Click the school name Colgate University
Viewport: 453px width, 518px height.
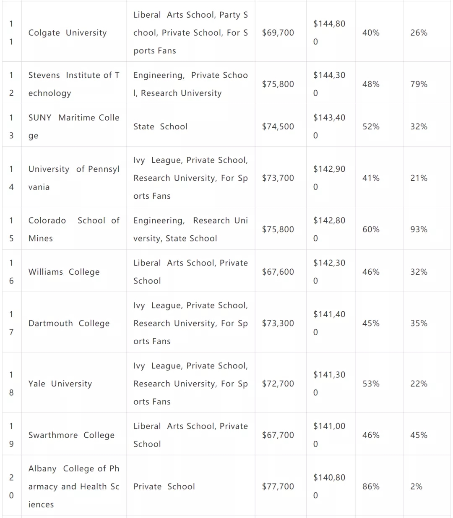[68, 33]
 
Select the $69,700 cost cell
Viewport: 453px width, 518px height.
[278, 33]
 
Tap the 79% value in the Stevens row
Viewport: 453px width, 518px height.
[419, 84]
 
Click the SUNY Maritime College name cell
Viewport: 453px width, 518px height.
[74, 126]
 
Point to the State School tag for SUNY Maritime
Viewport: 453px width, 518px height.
[160, 126]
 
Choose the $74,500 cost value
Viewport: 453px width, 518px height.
[278, 126]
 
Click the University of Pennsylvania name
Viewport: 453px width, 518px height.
[74, 178]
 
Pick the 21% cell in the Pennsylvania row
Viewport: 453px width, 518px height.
[419, 178]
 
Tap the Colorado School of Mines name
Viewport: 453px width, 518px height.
[74, 229]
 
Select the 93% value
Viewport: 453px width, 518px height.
[419, 229]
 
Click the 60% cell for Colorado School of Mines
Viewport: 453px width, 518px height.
[371, 229]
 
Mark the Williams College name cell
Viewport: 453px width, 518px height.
[64, 272]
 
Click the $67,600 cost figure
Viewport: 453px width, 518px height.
[278, 272]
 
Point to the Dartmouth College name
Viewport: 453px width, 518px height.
[69, 323]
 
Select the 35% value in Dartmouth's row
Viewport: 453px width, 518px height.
[419, 323]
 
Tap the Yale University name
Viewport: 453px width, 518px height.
[60, 384]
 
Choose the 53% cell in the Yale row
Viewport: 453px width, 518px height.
[371, 384]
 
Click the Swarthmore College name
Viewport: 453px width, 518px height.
[71, 435]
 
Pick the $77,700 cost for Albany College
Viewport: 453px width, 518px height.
[278, 486]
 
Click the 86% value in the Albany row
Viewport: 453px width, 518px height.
[371, 486]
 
